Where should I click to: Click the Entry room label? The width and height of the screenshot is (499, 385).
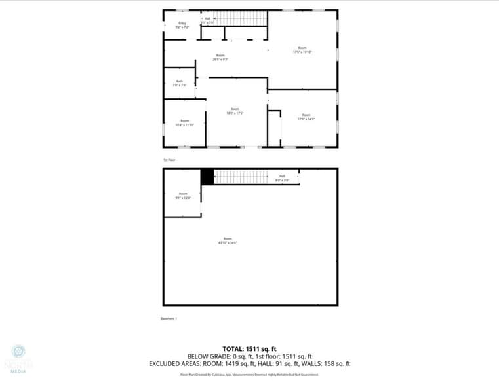[x=182, y=26]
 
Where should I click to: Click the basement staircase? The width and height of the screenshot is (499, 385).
[x=241, y=177]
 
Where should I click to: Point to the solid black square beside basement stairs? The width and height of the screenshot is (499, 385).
[x=207, y=177]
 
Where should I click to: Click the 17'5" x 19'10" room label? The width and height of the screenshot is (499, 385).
[x=302, y=50]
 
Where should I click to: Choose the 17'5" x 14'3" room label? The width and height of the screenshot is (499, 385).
[x=306, y=117]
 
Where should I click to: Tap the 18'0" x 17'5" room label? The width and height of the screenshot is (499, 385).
[x=235, y=111]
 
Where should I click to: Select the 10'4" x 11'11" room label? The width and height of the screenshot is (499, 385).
[x=185, y=122]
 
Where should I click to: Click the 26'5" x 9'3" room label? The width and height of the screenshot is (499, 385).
[x=220, y=58]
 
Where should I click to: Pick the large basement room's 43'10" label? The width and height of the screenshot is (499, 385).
[x=228, y=240]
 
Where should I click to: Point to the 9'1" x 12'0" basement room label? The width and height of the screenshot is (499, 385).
[x=184, y=195]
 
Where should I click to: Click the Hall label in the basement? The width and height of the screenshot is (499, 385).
[x=282, y=178]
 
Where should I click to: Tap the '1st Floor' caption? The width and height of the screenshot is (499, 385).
[x=169, y=160]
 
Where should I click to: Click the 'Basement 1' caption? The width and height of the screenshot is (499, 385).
[x=169, y=319]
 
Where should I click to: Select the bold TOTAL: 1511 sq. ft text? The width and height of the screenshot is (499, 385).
[x=249, y=348]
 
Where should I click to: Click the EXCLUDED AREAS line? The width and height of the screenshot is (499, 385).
[x=249, y=363]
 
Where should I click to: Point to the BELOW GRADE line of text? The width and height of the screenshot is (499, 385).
[x=249, y=356]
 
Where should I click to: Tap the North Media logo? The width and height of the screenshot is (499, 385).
[x=18, y=358]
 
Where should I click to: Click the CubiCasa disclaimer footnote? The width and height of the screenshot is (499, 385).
[x=249, y=375]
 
